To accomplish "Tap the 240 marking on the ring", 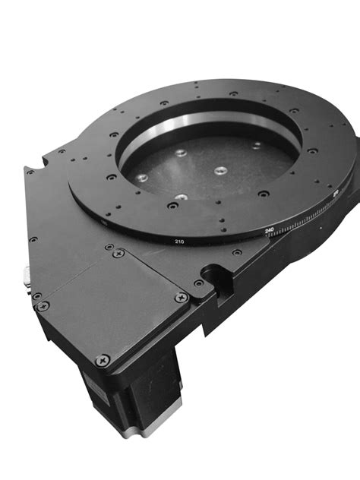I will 269,229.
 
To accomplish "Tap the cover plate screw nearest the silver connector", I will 43,305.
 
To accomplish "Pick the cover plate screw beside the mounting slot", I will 181,298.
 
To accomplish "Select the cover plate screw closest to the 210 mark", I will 117,252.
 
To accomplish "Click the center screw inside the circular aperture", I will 219,171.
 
